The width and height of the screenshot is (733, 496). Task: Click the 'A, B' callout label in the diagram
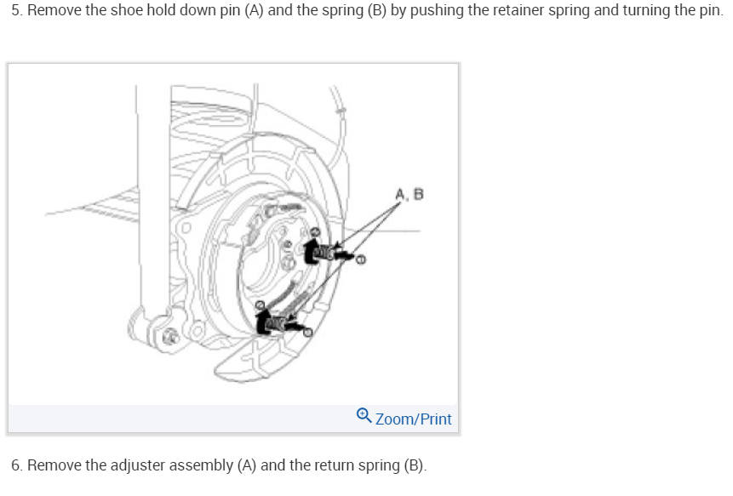409,195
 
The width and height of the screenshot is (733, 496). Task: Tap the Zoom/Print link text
413,419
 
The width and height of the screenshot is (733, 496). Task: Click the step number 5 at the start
15,15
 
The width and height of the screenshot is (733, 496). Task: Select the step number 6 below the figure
15,465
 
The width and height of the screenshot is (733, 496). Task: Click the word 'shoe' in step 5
124,15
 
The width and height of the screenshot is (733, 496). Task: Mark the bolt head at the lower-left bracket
167,337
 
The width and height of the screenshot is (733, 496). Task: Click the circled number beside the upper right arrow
361,260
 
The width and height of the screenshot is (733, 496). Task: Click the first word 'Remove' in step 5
53,15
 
